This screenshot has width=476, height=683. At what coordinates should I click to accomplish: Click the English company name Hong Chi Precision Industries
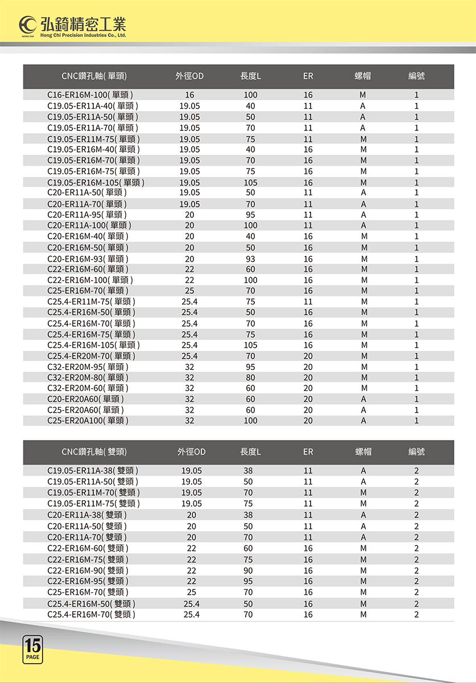[x=83, y=35]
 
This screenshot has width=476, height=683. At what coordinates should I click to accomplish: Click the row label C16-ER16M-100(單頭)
[x=90, y=95]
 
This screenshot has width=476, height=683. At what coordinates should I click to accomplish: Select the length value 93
[x=250, y=258]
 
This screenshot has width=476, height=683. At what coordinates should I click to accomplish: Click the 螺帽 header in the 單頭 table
[x=363, y=76]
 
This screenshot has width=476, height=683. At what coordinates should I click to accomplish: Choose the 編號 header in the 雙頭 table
[x=416, y=452]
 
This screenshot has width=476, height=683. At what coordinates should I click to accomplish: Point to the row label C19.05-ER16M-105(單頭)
[x=96, y=183]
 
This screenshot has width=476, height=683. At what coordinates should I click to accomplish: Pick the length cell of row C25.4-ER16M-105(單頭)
[x=250, y=345]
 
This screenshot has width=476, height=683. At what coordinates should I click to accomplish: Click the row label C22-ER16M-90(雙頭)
[x=88, y=570]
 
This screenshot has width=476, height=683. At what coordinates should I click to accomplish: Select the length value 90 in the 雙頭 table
[x=248, y=570]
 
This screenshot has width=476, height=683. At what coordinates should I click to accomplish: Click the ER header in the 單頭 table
[x=308, y=76]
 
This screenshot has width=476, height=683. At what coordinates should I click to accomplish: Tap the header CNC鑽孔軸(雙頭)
[x=94, y=452]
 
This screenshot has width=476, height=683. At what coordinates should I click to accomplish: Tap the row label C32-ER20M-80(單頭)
[x=88, y=377]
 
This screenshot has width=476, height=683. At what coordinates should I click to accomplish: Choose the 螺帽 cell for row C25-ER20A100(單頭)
[x=363, y=421]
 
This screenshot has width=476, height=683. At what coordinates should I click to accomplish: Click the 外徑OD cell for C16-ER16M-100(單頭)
[x=189, y=95]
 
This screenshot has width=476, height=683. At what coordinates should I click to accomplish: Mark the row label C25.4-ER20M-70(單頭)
[x=92, y=356]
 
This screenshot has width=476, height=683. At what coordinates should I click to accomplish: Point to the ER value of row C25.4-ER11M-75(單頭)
[x=308, y=302]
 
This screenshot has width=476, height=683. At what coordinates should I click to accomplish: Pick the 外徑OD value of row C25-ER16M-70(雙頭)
[x=192, y=593]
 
